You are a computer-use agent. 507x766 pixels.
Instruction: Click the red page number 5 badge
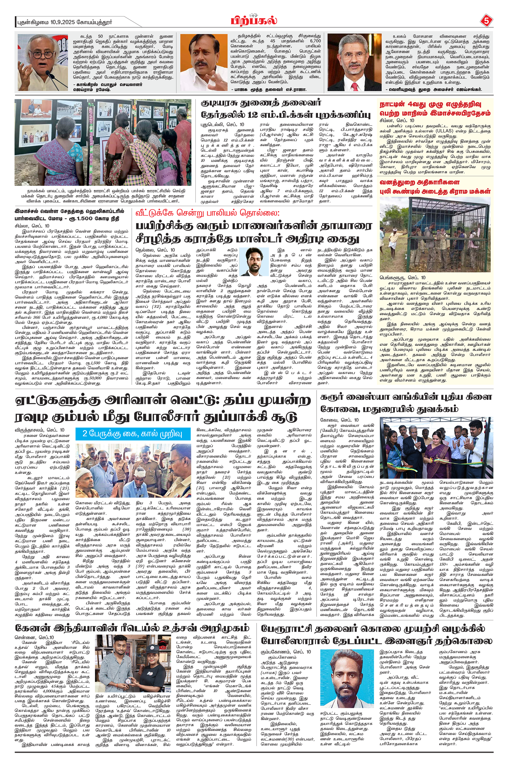486,21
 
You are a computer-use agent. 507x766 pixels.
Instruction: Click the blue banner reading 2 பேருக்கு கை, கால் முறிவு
133,433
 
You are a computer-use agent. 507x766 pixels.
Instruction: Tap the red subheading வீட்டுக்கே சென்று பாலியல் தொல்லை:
208,213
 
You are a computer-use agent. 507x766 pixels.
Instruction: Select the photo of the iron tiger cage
435,234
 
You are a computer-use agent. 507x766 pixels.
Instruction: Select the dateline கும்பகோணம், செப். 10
286,652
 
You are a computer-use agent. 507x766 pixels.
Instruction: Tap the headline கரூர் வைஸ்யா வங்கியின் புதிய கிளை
406,397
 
